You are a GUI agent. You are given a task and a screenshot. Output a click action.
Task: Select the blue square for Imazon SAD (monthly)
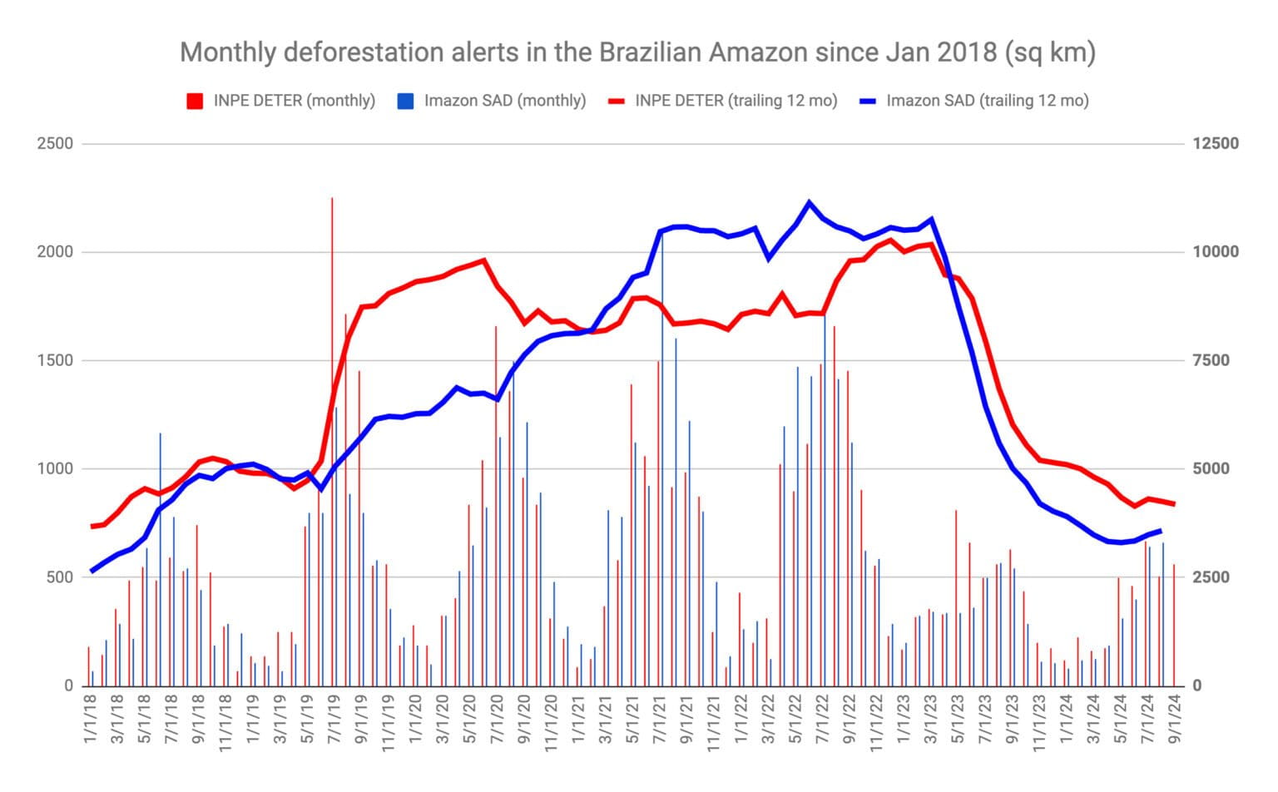coord(405,101)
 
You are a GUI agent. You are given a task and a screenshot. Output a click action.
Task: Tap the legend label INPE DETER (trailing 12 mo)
coord(736,101)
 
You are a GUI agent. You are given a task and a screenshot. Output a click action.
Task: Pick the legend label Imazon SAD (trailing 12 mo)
coord(987,101)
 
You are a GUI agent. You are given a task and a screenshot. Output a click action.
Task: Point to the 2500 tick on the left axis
coord(55,144)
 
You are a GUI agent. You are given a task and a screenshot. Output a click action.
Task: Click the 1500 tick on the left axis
coord(55,361)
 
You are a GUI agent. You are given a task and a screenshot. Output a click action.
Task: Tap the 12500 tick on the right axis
coord(1215,144)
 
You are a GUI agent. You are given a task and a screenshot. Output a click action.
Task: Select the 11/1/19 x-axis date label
coord(389,725)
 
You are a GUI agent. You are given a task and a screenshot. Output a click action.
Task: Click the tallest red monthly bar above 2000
coord(332,200)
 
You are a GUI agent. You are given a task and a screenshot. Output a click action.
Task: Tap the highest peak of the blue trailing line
coord(809,202)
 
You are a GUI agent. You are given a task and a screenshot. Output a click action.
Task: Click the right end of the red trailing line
coord(1173,503)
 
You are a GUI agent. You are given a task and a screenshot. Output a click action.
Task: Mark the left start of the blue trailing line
coord(92,571)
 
